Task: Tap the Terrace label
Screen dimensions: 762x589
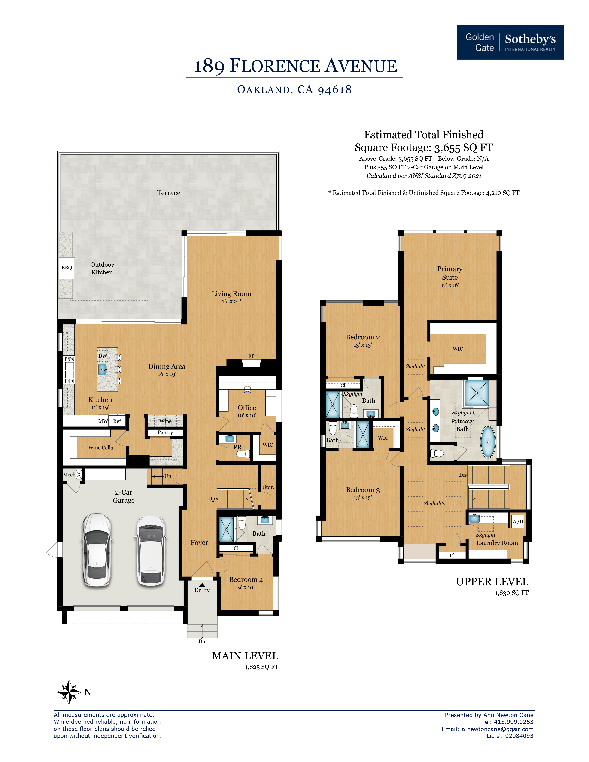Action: click(x=169, y=193)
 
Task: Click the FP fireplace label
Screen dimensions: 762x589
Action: click(x=251, y=356)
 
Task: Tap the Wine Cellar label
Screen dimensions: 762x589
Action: click(x=102, y=448)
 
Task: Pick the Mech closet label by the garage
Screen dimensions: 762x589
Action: click(x=69, y=475)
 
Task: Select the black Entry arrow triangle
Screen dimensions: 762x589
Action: click(x=202, y=585)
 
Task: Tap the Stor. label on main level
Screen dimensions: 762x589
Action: click(x=268, y=487)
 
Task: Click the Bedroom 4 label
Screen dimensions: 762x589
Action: click(x=246, y=580)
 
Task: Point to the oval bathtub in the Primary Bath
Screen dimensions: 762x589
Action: click(x=488, y=442)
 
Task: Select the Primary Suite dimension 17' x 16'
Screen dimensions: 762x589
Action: click(x=449, y=285)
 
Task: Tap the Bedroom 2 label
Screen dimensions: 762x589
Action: click(x=363, y=337)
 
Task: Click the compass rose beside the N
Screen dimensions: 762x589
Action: click(x=69, y=692)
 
